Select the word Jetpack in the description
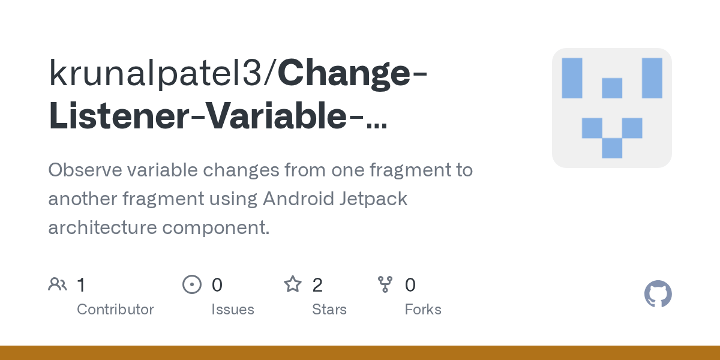pyautogui.click(x=377, y=199)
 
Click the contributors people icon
pyautogui.click(x=58, y=284)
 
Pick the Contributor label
pyautogui.click(x=115, y=310)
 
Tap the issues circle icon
pyautogui.click(x=191, y=284)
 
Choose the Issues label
pyautogui.click(x=232, y=310)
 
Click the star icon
pyautogui.click(x=293, y=284)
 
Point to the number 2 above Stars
pyautogui.click(x=317, y=284)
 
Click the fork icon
pyautogui.click(x=385, y=284)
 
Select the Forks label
pyautogui.click(x=423, y=310)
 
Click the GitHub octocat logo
pyautogui.click(x=658, y=295)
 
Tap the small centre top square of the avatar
pyautogui.click(x=612, y=88)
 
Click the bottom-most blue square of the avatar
pyautogui.click(x=612, y=148)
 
